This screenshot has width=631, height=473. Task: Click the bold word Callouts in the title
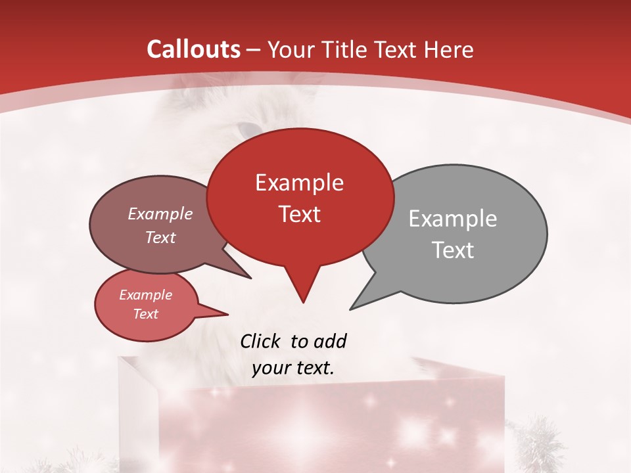pyautogui.click(x=194, y=49)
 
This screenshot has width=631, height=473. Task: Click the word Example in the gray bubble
pyautogui.click(x=453, y=219)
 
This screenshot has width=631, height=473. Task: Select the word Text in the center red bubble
pyautogui.click(x=300, y=214)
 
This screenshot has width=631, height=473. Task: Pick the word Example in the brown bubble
pyautogui.click(x=160, y=214)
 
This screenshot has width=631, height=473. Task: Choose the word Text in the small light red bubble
pyautogui.click(x=146, y=314)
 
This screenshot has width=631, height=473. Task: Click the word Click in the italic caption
pyautogui.click(x=261, y=342)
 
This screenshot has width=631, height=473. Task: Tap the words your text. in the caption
pyautogui.click(x=293, y=368)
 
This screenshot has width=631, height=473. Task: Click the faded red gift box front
pyautogui.click(x=342, y=427)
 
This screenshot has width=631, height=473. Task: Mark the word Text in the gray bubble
pyautogui.click(x=453, y=250)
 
